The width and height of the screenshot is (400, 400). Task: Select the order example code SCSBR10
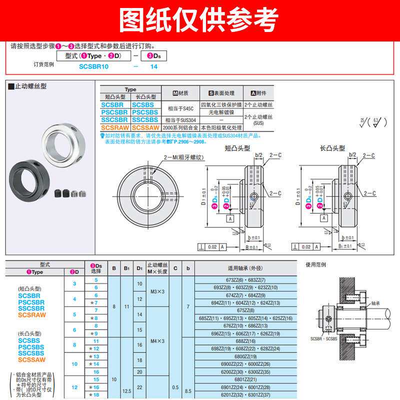pos(94,66)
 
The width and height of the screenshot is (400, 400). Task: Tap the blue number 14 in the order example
pos(154,66)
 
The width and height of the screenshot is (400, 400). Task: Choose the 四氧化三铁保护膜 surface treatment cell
pos(221,105)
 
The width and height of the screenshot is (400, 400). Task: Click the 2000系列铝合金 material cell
pos(181,127)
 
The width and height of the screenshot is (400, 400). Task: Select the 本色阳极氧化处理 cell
pos(221,127)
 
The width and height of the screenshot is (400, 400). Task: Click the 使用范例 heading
pos(315,265)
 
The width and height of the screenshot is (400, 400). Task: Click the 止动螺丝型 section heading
pos(29,85)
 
